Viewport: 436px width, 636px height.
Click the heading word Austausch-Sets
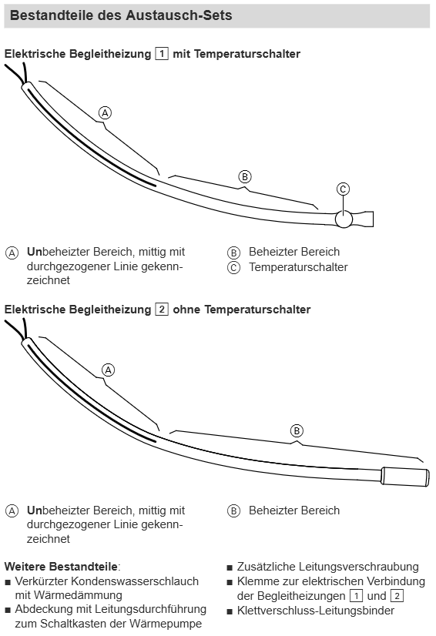[x=179, y=15]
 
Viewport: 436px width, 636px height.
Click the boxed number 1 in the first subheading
[x=162, y=54]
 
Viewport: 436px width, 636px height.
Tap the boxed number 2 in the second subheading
[x=162, y=309]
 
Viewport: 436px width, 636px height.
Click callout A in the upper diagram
[x=105, y=112]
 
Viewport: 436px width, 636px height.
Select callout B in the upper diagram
[x=245, y=177]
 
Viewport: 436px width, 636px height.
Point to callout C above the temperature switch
[x=343, y=189]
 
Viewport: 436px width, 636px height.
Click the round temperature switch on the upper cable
[x=344, y=219]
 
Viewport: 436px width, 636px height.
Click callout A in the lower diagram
[x=109, y=370]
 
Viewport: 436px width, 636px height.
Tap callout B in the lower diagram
[x=297, y=430]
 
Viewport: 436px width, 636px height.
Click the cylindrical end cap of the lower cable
[x=404, y=477]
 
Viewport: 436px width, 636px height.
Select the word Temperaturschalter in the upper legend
[x=298, y=267]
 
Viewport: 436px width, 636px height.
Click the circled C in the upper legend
[x=234, y=268]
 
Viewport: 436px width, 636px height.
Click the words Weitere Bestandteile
[x=61, y=566]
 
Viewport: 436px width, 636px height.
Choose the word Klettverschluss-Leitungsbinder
[x=316, y=610]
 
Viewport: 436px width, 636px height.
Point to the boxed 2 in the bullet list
[x=397, y=596]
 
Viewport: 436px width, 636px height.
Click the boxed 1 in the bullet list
[x=356, y=596]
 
